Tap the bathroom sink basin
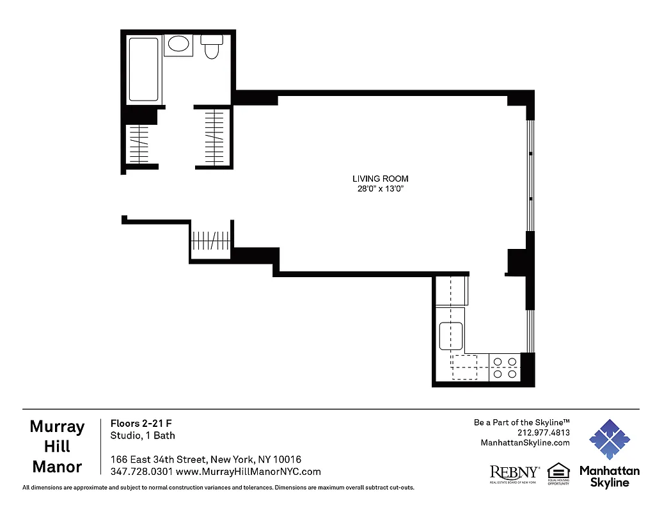click(x=178, y=44)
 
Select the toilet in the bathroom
click(x=212, y=47)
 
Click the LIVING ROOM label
click(x=380, y=179)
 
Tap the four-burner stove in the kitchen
click(x=505, y=368)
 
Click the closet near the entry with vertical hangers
click(x=210, y=241)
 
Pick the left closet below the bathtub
click(x=139, y=143)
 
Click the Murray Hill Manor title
click(x=57, y=447)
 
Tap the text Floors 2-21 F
click(x=141, y=423)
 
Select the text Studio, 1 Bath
click(x=143, y=435)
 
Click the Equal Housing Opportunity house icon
click(x=558, y=471)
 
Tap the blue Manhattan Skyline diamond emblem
click(x=609, y=440)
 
